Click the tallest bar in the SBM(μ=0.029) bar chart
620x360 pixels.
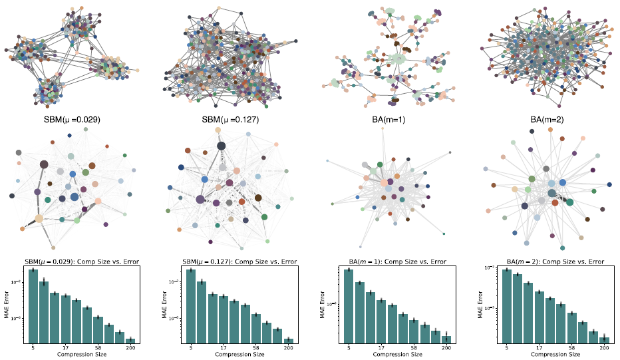33,306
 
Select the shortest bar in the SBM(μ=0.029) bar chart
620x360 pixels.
130,341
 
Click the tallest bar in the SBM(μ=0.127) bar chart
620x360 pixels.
191,306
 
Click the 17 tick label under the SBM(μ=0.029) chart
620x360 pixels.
65,348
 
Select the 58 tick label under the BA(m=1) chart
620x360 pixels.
414,348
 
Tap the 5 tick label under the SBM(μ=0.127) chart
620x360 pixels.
191,348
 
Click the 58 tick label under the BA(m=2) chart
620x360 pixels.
571,348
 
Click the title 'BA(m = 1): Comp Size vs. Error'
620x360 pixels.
397,262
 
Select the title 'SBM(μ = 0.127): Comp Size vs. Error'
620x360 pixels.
239,262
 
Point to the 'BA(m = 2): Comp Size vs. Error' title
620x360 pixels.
555,262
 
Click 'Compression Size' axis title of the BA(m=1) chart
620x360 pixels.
397,355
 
